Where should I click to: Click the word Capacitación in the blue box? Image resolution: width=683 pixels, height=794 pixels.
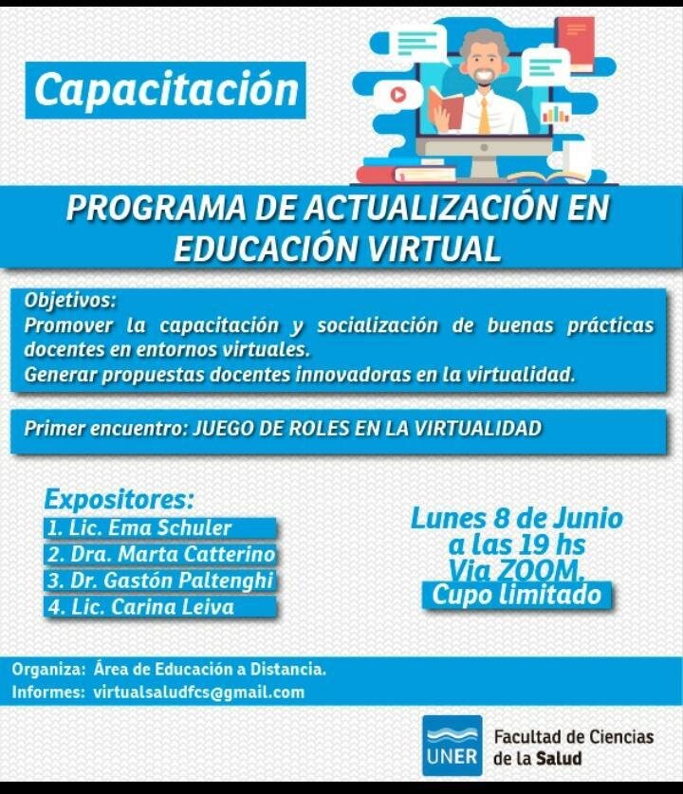(x=167, y=90)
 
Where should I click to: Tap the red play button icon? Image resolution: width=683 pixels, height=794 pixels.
(x=398, y=94)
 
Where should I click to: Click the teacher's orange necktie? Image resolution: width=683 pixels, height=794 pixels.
(x=485, y=116)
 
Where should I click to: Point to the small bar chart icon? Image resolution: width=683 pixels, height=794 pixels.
(x=556, y=114)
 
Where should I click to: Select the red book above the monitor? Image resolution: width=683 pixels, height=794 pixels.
(x=575, y=44)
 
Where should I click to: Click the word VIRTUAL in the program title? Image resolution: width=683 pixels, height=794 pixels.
(x=434, y=249)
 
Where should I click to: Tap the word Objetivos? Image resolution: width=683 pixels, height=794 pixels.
(x=70, y=301)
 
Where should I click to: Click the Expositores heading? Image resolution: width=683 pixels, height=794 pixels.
(x=120, y=500)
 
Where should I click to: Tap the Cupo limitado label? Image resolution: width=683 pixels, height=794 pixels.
(x=516, y=595)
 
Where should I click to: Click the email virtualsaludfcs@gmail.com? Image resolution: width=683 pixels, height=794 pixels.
(x=199, y=692)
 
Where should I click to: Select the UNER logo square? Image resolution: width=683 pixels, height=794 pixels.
(x=452, y=746)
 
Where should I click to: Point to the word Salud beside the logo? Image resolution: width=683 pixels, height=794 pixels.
(x=559, y=759)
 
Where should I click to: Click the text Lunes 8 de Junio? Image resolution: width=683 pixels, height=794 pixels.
(x=516, y=519)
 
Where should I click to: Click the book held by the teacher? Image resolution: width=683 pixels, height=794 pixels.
(x=445, y=107)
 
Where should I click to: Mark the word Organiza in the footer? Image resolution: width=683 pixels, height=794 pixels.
(x=48, y=670)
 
